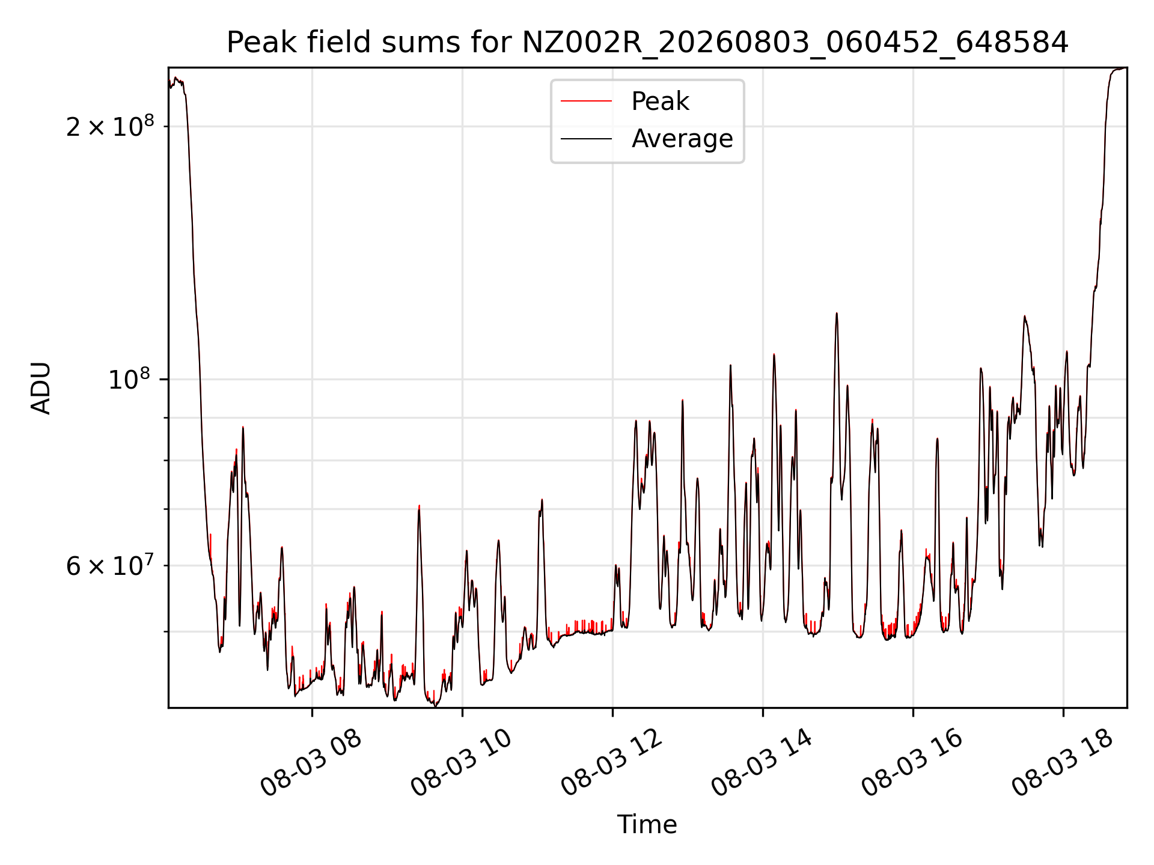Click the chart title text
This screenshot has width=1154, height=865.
(x=647, y=43)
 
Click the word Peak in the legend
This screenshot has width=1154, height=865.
(x=660, y=102)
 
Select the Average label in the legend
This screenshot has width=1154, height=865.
(x=682, y=139)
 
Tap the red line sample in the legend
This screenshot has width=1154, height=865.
(x=587, y=102)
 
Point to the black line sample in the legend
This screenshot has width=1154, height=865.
(x=587, y=139)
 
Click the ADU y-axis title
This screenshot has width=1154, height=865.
(x=41, y=388)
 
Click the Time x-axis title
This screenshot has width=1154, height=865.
(x=647, y=824)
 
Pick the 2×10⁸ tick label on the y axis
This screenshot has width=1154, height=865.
(x=110, y=127)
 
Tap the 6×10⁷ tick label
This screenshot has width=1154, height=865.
(x=110, y=565)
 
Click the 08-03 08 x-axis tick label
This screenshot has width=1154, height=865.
(x=311, y=763)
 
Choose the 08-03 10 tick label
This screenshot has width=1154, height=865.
(x=462, y=763)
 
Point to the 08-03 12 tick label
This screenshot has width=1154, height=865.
(x=612, y=763)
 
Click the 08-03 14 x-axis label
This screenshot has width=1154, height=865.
(x=762, y=763)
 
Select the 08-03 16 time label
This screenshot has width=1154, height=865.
(x=912, y=763)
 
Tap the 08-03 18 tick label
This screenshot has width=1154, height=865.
(x=1063, y=763)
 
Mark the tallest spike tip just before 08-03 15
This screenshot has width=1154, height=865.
(x=837, y=313)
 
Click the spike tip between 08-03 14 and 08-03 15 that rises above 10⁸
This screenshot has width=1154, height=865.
(x=774, y=354)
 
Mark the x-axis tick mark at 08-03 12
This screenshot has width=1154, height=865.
(x=612, y=712)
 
